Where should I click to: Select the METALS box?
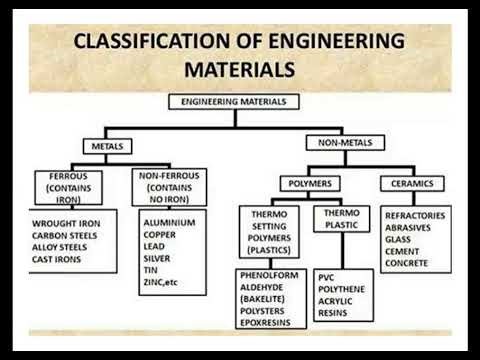pos(108,146)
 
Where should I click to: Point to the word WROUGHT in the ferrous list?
pos(48,223)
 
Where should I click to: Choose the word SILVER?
pos(160,259)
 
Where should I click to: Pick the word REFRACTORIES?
pos(416,215)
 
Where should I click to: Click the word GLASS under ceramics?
pos(398,240)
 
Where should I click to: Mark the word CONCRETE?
pos(407,264)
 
